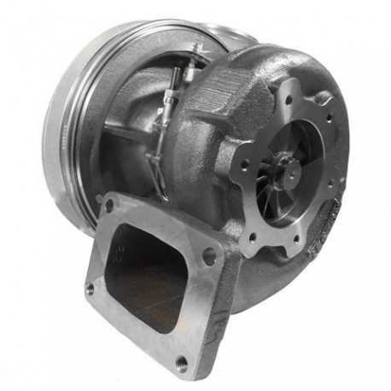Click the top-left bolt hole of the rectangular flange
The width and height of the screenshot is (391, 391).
point(109,206)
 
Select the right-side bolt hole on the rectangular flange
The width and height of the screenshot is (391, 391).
point(209,255)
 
